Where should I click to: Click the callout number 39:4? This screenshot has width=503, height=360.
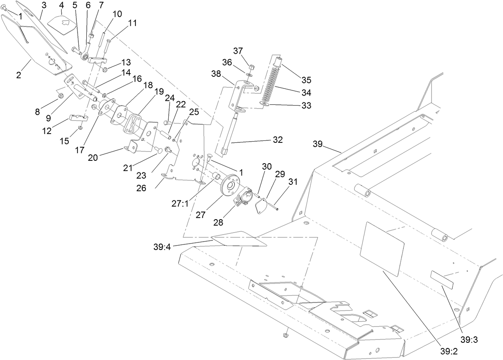click(x=162, y=247)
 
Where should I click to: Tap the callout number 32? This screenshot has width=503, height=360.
click(x=278, y=140)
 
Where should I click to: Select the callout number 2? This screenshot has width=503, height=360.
click(x=18, y=75)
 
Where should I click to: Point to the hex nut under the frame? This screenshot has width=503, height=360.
click(x=286, y=333)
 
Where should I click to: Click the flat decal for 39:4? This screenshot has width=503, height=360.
click(x=239, y=239)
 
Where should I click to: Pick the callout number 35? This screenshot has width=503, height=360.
click(x=306, y=79)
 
